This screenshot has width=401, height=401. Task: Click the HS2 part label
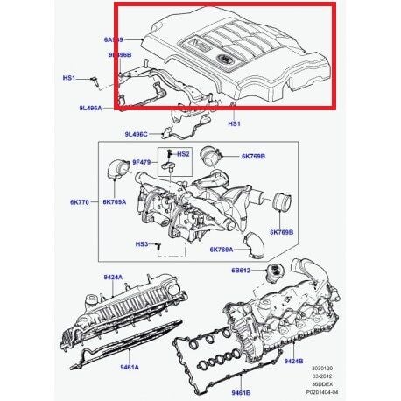pyautogui.click(x=181, y=153)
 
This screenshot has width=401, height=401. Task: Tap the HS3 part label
pyautogui.click(x=141, y=243)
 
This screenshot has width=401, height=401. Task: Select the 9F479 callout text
pyautogui.click(x=143, y=161)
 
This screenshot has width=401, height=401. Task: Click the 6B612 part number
pyautogui.click(x=243, y=271)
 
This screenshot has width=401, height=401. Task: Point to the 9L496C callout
pyautogui.click(x=138, y=134)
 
